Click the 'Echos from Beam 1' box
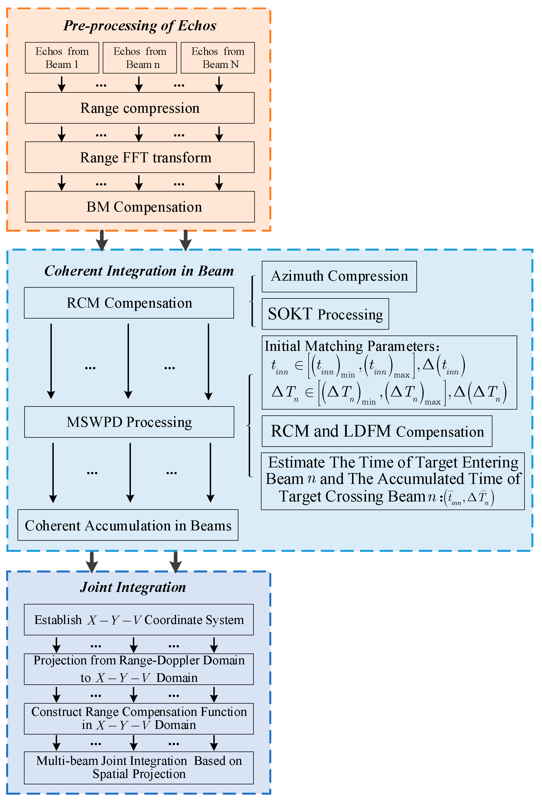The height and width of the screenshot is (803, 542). (62, 58)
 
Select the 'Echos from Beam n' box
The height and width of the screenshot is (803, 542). (140, 58)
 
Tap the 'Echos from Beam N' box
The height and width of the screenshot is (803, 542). (218, 58)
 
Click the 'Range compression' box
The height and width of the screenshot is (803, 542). (140, 108)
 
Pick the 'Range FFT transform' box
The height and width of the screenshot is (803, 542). (140, 157)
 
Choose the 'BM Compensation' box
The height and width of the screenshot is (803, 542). (140, 207)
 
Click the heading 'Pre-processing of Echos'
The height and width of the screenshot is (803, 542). (140, 26)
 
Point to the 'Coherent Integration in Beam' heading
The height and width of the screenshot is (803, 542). (139, 271)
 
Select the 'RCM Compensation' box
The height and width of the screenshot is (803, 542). (129, 303)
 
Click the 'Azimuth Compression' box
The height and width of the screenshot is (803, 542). (339, 276)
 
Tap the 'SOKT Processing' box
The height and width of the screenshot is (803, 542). (325, 314)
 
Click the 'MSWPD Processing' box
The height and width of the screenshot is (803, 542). (129, 422)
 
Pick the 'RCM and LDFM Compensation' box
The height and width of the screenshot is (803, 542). (377, 431)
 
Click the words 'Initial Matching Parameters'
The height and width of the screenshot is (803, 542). (351, 346)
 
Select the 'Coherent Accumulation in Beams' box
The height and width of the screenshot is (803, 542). (128, 525)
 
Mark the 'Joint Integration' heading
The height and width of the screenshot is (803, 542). (133, 587)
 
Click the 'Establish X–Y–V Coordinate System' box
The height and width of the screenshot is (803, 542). (139, 620)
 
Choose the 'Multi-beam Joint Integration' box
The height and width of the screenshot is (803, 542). (139, 768)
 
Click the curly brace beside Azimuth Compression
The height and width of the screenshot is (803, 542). (253, 301)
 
